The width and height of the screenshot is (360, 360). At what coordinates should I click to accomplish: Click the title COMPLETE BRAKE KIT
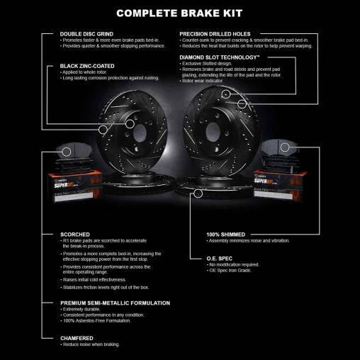180,13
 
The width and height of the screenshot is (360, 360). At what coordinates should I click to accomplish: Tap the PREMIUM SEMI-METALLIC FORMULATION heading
115,303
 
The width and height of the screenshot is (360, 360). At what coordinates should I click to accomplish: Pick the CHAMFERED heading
77,338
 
